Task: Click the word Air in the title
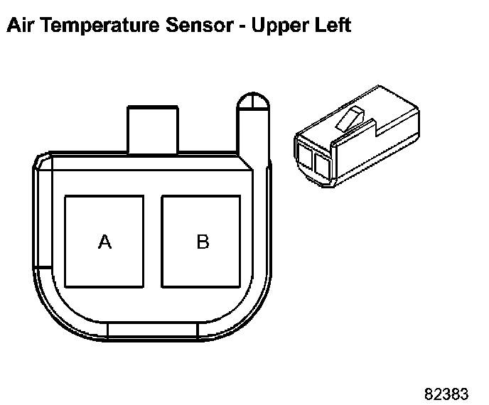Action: coord(19,25)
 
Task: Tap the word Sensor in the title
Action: coord(200,25)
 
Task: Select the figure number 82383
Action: coord(446,394)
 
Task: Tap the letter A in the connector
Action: coord(104,242)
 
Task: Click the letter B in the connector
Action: coord(203,242)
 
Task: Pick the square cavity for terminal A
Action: coord(104,242)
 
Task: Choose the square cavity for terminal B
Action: coord(201,242)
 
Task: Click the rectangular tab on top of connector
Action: coord(153,130)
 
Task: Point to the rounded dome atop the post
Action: coord(253,101)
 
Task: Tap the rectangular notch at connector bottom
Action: coord(153,331)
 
